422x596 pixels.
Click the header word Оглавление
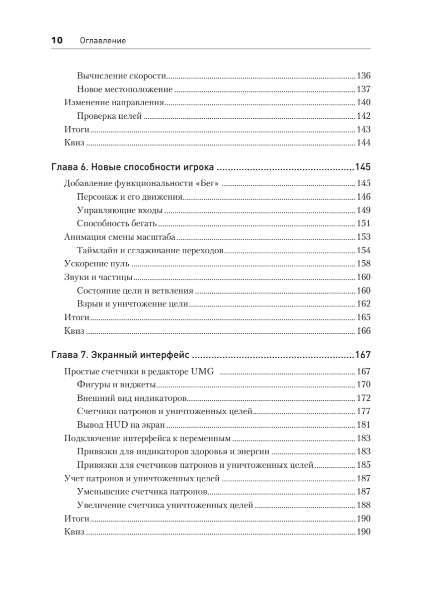[103, 41]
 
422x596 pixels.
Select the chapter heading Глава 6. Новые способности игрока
[133, 167]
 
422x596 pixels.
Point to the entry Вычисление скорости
[121, 76]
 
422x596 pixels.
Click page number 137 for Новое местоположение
[364, 90]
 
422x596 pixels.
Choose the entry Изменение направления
[114, 103]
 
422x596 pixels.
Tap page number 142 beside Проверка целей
[364, 116]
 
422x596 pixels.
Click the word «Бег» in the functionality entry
[209, 184]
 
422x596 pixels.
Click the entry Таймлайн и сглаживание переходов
[151, 250]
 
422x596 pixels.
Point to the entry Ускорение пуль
[97, 264]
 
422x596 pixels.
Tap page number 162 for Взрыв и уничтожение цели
[364, 304]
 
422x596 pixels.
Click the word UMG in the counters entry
[204, 372]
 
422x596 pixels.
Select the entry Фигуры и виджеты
[117, 385]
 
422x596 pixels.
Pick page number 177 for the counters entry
[364, 412]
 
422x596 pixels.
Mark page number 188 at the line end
[364, 505]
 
